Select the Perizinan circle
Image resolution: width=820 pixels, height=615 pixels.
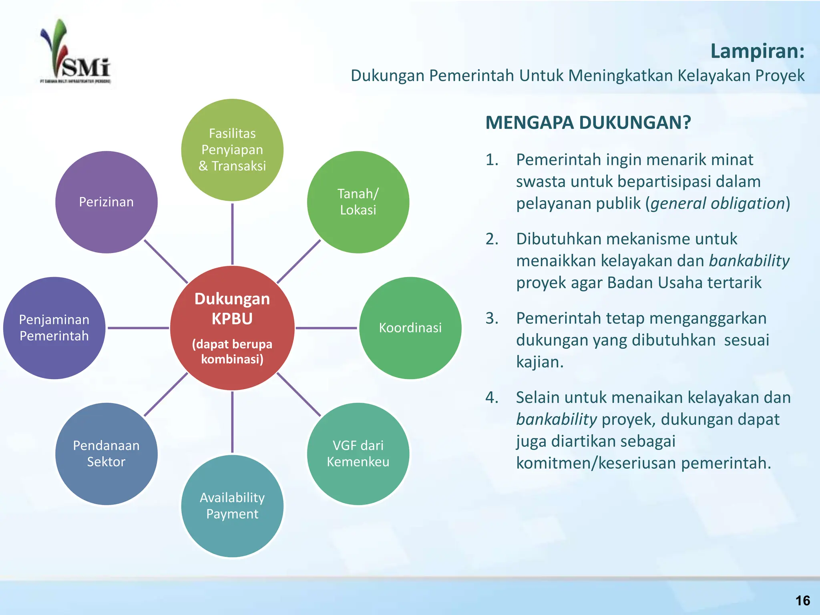[x=107, y=202]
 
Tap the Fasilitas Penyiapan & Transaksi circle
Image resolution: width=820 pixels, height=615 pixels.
[x=232, y=150]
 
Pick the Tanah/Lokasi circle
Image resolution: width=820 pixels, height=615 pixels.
[x=358, y=202]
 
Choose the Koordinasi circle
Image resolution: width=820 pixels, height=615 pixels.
[x=410, y=328]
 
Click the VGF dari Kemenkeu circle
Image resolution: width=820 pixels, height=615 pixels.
[x=358, y=454]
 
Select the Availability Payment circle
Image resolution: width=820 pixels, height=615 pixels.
[x=232, y=506]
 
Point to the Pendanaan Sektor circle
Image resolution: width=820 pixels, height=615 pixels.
[x=107, y=454]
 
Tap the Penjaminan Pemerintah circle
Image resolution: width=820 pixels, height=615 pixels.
[x=54, y=328]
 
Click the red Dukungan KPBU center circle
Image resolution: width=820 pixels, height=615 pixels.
[x=232, y=328]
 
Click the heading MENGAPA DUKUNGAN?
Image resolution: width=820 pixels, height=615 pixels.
[x=588, y=123]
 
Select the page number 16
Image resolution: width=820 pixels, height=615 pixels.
[x=802, y=601]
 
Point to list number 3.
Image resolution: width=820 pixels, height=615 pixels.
[x=492, y=318]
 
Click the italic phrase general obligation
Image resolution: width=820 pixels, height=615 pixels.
[x=717, y=203]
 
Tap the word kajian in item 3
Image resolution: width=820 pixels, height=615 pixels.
[x=539, y=362]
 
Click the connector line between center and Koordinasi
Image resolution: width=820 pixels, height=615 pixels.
[x=326, y=328]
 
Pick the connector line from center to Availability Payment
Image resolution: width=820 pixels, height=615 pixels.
[x=232, y=422]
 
